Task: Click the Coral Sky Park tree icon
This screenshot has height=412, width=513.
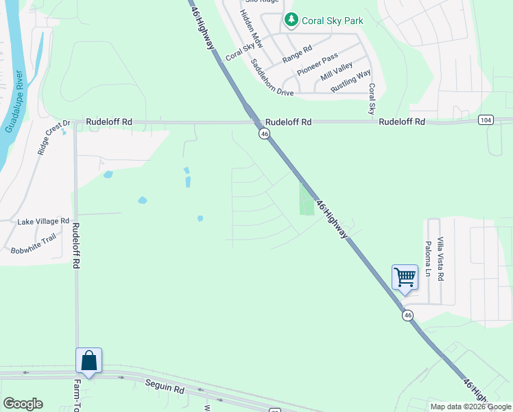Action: tap(291, 21)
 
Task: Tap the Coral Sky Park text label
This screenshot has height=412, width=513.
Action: tap(334, 21)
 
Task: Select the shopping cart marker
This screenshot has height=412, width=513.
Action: tap(405, 278)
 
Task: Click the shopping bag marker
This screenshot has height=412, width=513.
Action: tap(89, 361)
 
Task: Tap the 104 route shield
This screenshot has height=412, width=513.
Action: tap(486, 120)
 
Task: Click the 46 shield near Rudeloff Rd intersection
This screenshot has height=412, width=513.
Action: tap(264, 135)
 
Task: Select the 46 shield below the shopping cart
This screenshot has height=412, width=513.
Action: tap(408, 315)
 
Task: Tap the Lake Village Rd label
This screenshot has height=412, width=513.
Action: tap(44, 222)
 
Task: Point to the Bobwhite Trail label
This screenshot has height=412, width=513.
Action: tap(33, 245)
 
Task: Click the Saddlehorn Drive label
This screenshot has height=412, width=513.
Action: tap(272, 77)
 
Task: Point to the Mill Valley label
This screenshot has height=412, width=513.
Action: tap(337, 71)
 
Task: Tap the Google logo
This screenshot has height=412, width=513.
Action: tap(23, 404)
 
